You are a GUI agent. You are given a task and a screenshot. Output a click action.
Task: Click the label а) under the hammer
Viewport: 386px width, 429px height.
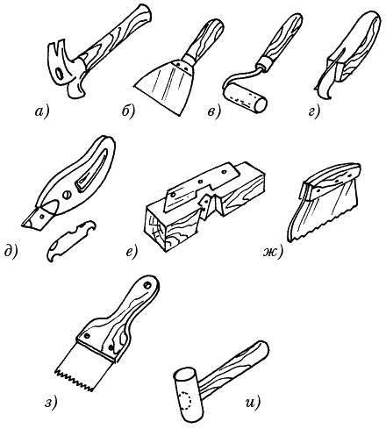tap(42, 112)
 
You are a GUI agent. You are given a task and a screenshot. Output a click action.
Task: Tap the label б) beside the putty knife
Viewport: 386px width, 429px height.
tap(128, 111)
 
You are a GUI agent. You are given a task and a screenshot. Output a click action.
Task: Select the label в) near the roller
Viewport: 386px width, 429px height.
tap(213, 112)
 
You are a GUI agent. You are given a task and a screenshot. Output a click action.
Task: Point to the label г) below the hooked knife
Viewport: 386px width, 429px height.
tap(313, 112)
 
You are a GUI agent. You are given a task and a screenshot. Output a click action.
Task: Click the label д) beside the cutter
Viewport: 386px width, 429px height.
tap(11, 252)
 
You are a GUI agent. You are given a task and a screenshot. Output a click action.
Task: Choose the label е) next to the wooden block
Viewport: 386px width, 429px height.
tap(131, 252)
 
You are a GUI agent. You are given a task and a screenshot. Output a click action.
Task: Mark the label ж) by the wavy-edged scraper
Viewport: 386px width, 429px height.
tap(272, 252)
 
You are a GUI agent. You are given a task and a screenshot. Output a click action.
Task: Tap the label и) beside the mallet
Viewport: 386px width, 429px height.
tap(253, 404)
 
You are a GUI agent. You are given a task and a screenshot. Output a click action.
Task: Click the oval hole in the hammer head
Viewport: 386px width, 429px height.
tap(59, 74)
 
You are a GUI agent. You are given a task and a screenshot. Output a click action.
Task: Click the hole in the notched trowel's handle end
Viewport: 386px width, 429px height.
tap(147, 284)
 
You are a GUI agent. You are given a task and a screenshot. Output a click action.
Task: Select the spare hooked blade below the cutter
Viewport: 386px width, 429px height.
tap(71, 241)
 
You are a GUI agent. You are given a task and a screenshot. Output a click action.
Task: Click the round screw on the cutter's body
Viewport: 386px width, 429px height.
tap(67, 195)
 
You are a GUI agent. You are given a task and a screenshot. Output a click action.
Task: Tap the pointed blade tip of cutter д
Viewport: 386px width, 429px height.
tap(24, 225)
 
